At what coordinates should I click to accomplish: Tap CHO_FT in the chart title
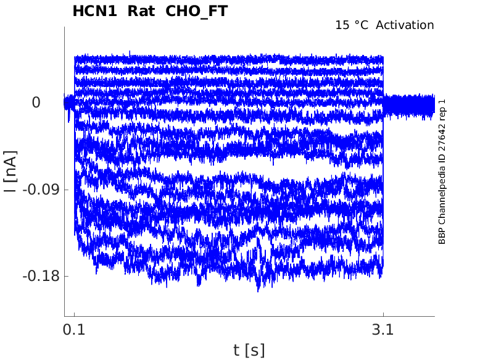coord(196,11)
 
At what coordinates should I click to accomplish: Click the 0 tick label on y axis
coord(36,102)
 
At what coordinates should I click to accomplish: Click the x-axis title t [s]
coord(249,350)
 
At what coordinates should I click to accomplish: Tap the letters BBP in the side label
coord(442,236)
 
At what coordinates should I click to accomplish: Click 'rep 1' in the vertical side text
coord(442,111)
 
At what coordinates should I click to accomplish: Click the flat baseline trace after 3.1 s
coord(408,105)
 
